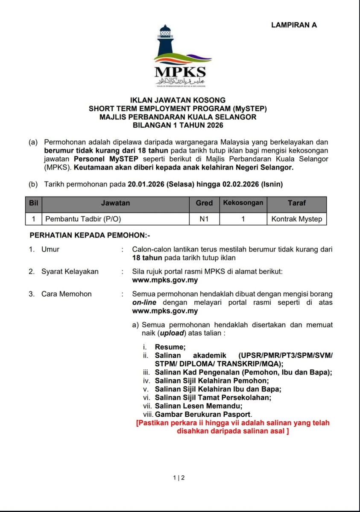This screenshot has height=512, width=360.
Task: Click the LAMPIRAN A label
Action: coord(294,25)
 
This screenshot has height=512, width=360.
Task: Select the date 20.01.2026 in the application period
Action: coord(146,184)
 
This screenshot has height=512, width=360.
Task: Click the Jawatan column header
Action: coord(115,203)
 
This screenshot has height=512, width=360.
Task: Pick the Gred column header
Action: coord(204,203)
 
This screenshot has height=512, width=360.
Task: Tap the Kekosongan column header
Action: coord(243,203)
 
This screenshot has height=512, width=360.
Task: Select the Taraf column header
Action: coord(297,203)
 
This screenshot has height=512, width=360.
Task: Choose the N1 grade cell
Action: coord(204,219)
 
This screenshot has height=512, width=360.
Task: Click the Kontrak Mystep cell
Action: coord(297,219)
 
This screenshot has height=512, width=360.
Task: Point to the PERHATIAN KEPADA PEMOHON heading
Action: coord(90,235)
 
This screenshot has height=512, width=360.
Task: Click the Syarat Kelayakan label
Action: coord(70,271)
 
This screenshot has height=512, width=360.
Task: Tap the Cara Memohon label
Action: coord(66,294)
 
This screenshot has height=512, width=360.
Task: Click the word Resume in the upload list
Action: coord(170,347)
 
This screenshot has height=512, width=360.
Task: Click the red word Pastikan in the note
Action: coord(153,423)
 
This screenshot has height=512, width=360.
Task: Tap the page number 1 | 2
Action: coord(179,478)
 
